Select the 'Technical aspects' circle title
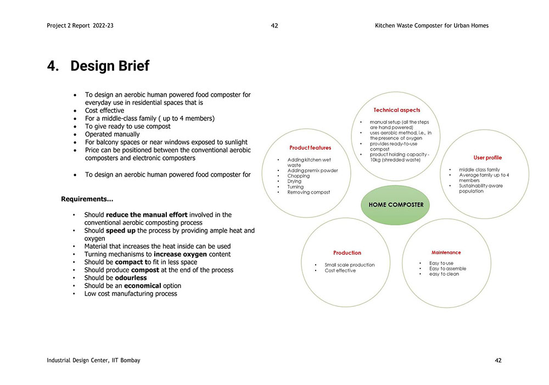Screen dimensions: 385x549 pos(396,110)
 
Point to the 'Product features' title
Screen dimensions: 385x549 pos(310,147)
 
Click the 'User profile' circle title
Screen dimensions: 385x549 pos(488,158)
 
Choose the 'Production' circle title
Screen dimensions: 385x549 pos(347,253)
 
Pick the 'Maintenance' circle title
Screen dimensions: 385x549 pos(446,252)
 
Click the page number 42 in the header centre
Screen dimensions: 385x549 pos(274,26)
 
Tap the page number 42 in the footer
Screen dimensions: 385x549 pos(498,360)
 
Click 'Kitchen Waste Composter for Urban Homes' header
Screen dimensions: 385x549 pos(432,26)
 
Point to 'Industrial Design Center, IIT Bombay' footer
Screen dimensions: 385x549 pos(93,360)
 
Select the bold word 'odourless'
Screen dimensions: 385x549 pos(131,278)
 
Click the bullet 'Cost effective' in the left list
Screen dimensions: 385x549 pos(104,111)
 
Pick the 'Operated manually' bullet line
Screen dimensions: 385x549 pos(112,134)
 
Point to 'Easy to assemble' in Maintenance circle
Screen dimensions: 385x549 pos(447,268)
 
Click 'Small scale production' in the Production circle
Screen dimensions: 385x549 pos(349,265)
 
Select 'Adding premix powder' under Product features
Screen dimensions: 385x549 pos(312,170)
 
